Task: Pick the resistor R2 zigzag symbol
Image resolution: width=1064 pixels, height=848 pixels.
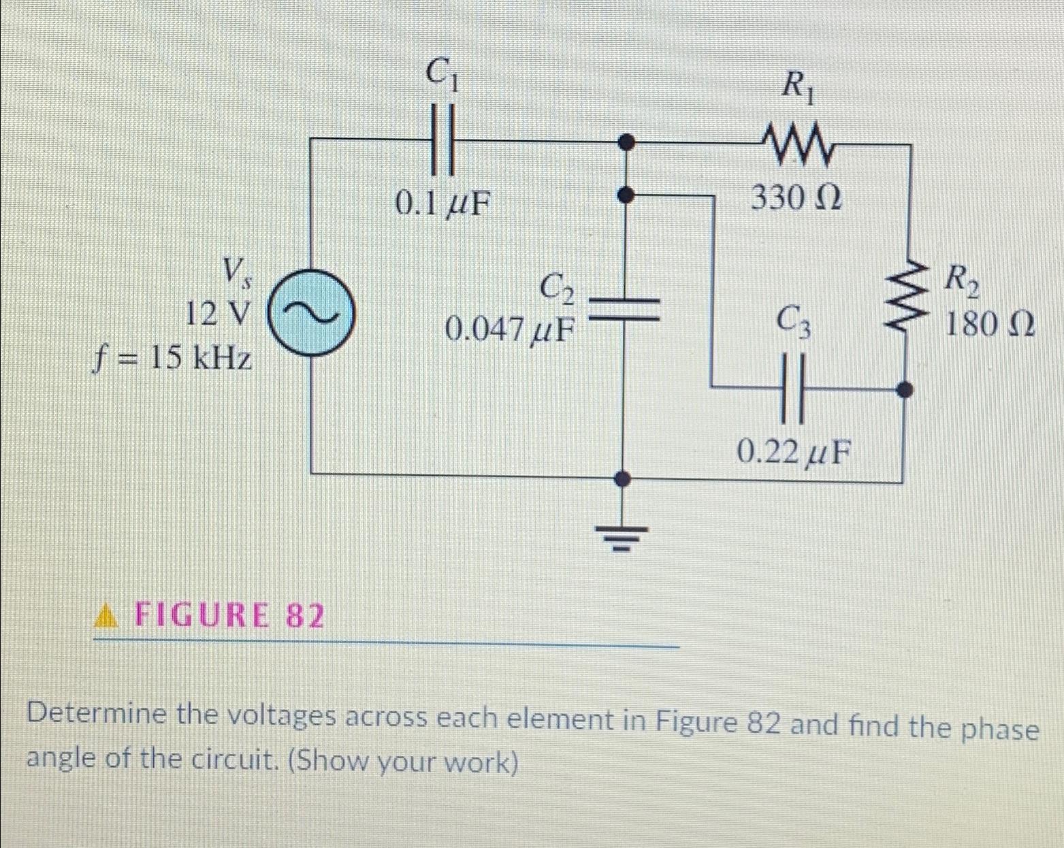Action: (x=905, y=298)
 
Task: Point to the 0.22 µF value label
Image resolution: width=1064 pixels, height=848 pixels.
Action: (x=794, y=451)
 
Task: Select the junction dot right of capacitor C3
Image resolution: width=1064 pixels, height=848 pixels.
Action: (x=904, y=390)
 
